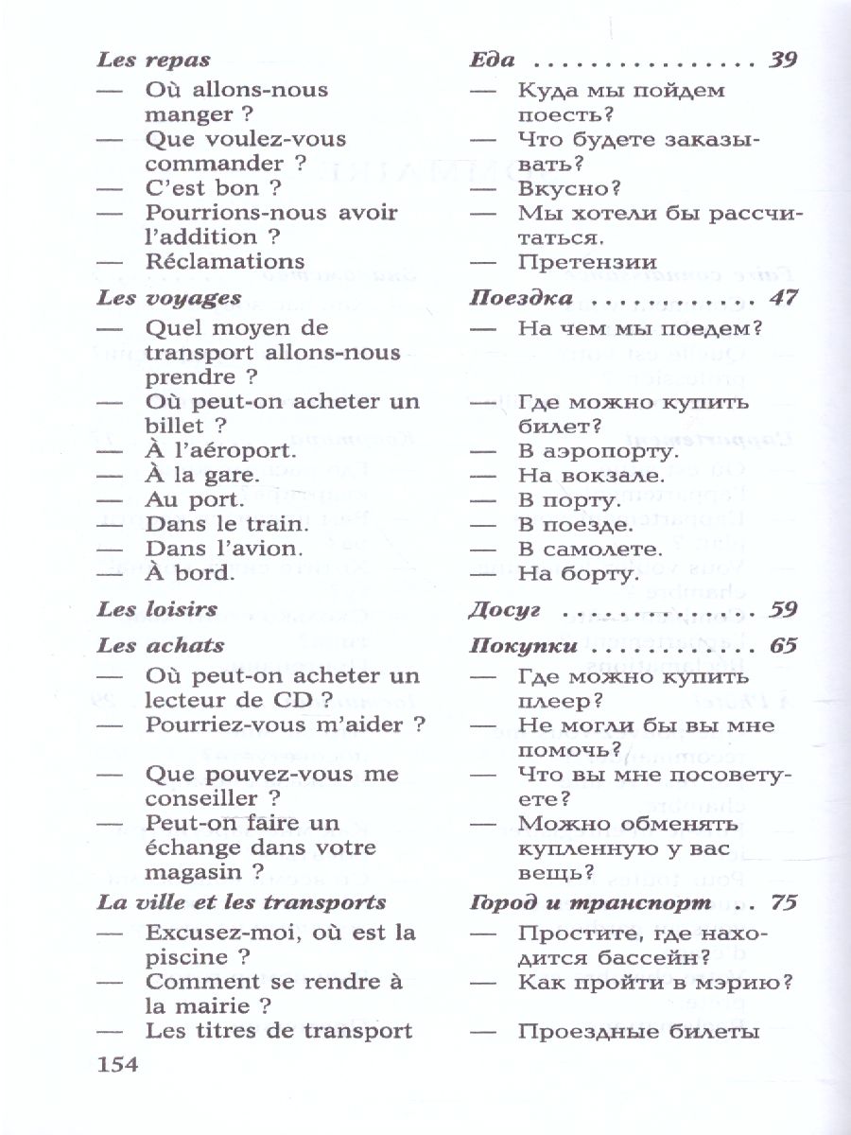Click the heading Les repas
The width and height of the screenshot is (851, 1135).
[x=153, y=60]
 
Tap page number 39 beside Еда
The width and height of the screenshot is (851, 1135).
[x=784, y=60]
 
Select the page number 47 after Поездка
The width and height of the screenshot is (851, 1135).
[x=784, y=298]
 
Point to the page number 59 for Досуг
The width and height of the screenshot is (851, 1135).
[x=784, y=610]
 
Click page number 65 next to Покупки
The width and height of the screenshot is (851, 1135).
[x=784, y=647]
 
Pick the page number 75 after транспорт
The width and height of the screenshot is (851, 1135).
[x=784, y=902]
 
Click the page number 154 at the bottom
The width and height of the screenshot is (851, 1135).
[x=118, y=1065]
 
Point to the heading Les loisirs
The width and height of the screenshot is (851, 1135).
[x=157, y=610]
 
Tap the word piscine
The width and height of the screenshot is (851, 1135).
[x=185, y=956]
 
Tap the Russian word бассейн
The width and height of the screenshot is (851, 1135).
[x=647, y=956]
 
